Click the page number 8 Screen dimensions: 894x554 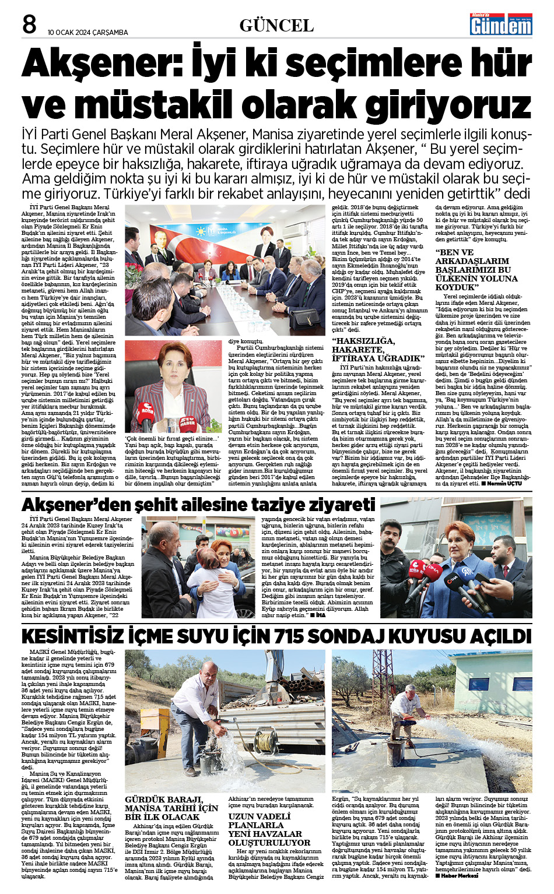(x=29, y=24)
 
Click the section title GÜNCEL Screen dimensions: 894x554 (x=276, y=26)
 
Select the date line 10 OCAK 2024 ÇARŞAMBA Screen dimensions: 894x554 (x=88, y=32)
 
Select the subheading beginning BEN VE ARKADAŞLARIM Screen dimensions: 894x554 (x=476, y=270)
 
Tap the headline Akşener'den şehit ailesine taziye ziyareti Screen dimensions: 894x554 (x=198, y=505)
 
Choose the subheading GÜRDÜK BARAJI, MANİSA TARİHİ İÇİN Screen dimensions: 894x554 (x=171, y=808)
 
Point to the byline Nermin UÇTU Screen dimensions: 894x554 (x=504, y=484)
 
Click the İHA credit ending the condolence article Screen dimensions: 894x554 (x=321, y=615)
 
